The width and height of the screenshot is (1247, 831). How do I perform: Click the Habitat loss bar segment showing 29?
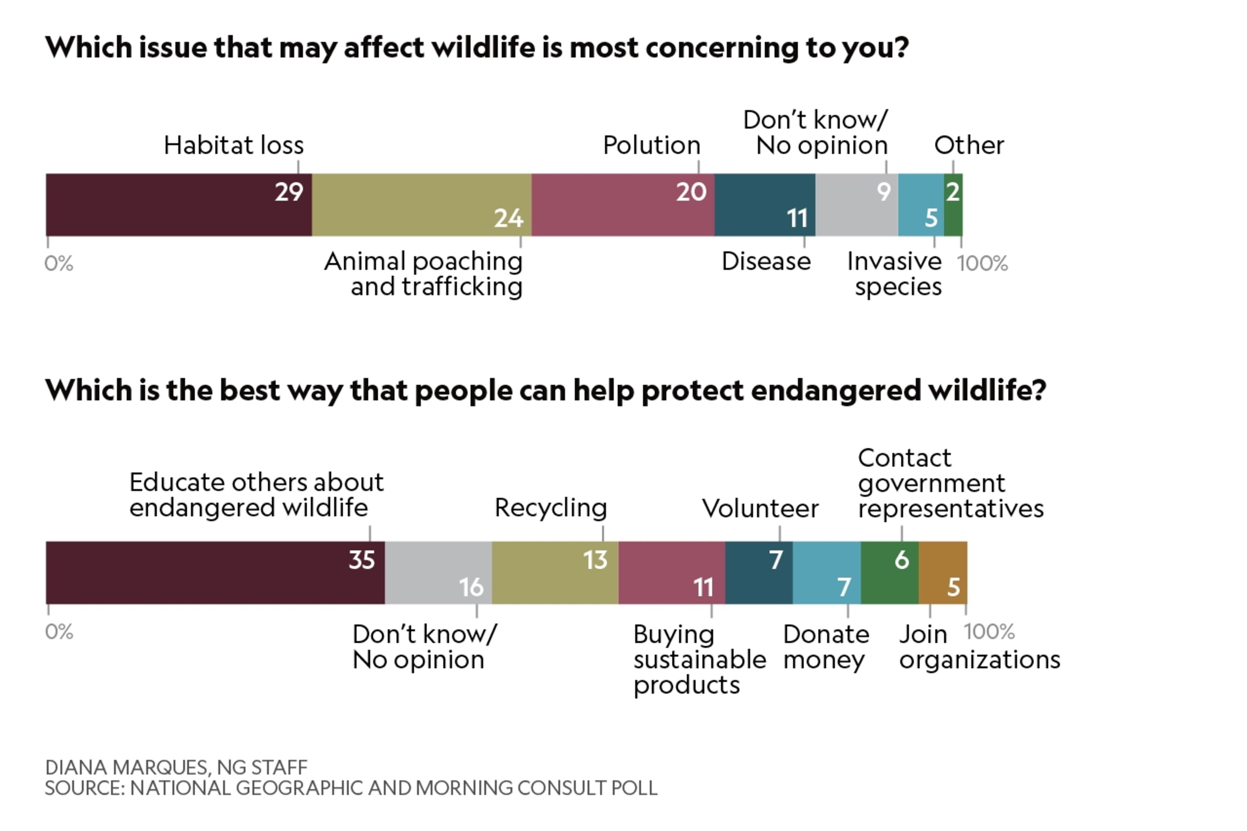(178, 205)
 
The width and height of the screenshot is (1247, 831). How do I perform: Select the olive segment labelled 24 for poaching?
(421, 205)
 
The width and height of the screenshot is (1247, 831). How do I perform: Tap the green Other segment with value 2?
(953, 205)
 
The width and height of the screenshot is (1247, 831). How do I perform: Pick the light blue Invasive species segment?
(921, 205)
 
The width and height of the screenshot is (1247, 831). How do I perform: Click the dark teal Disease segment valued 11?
(764, 205)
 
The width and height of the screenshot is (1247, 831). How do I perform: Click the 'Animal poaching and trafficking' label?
(423, 274)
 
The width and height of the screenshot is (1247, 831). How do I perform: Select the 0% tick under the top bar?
(59, 263)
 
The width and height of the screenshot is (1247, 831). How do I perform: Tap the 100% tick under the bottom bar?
(989, 632)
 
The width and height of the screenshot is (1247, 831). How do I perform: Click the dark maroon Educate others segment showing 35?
(215, 572)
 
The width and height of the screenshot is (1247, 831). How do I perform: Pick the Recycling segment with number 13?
(554, 572)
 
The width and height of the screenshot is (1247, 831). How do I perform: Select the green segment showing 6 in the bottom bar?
(889, 572)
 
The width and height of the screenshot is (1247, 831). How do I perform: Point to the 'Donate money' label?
(826, 647)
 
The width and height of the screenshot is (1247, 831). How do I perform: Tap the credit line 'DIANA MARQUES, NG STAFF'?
(176, 767)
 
